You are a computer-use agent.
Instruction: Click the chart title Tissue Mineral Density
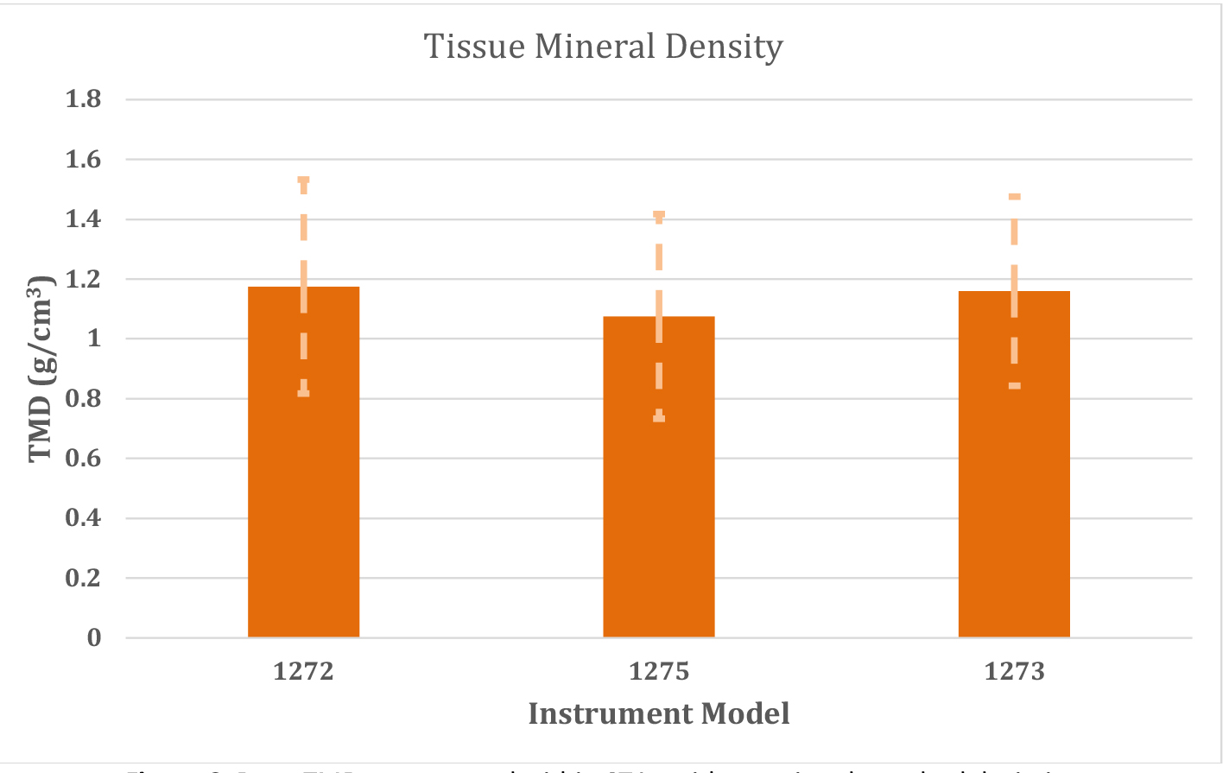click(603, 47)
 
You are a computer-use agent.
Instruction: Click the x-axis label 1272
click(303, 671)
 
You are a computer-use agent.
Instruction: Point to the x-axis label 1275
click(658, 671)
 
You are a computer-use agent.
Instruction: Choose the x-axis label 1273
click(1014, 671)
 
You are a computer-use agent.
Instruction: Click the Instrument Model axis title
click(658, 713)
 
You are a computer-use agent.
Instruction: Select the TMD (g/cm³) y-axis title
click(42, 369)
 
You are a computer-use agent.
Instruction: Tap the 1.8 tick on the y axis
click(84, 99)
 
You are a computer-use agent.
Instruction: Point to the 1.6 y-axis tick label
click(84, 160)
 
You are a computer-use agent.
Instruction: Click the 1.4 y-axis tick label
click(84, 219)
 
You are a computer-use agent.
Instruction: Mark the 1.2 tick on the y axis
click(84, 279)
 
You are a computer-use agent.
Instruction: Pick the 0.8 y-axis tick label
click(84, 399)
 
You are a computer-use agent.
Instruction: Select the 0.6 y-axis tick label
click(84, 459)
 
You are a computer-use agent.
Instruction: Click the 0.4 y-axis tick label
click(84, 518)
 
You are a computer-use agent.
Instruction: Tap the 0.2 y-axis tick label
click(84, 578)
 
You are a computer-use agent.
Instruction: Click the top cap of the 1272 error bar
click(303, 180)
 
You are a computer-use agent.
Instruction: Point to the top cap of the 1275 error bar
click(658, 213)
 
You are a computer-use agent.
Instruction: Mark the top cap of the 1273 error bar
click(1014, 197)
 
